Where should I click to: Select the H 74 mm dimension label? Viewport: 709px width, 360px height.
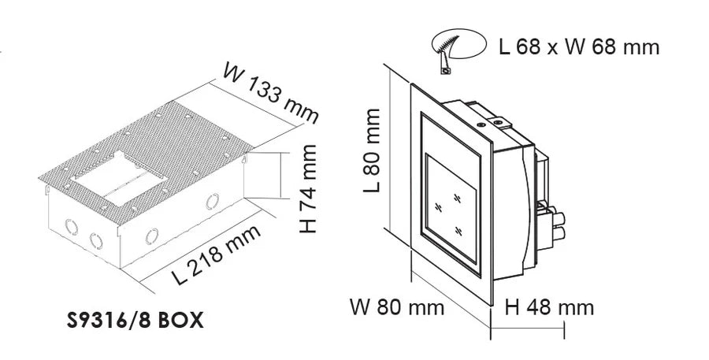pos(308,188)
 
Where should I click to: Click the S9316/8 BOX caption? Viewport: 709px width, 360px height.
pos(135,321)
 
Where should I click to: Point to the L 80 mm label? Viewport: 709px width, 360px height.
pos(372,150)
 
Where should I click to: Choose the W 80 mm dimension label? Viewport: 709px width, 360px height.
pos(397,307)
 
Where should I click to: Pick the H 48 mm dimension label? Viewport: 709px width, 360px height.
pos(549,307)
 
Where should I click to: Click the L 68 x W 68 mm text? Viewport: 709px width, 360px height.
pos(579,46)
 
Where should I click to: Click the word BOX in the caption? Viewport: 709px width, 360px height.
pos(181,321)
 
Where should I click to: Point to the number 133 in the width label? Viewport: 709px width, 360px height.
pos(270,94)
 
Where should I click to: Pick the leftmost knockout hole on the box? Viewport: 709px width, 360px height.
pos(72,227)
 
